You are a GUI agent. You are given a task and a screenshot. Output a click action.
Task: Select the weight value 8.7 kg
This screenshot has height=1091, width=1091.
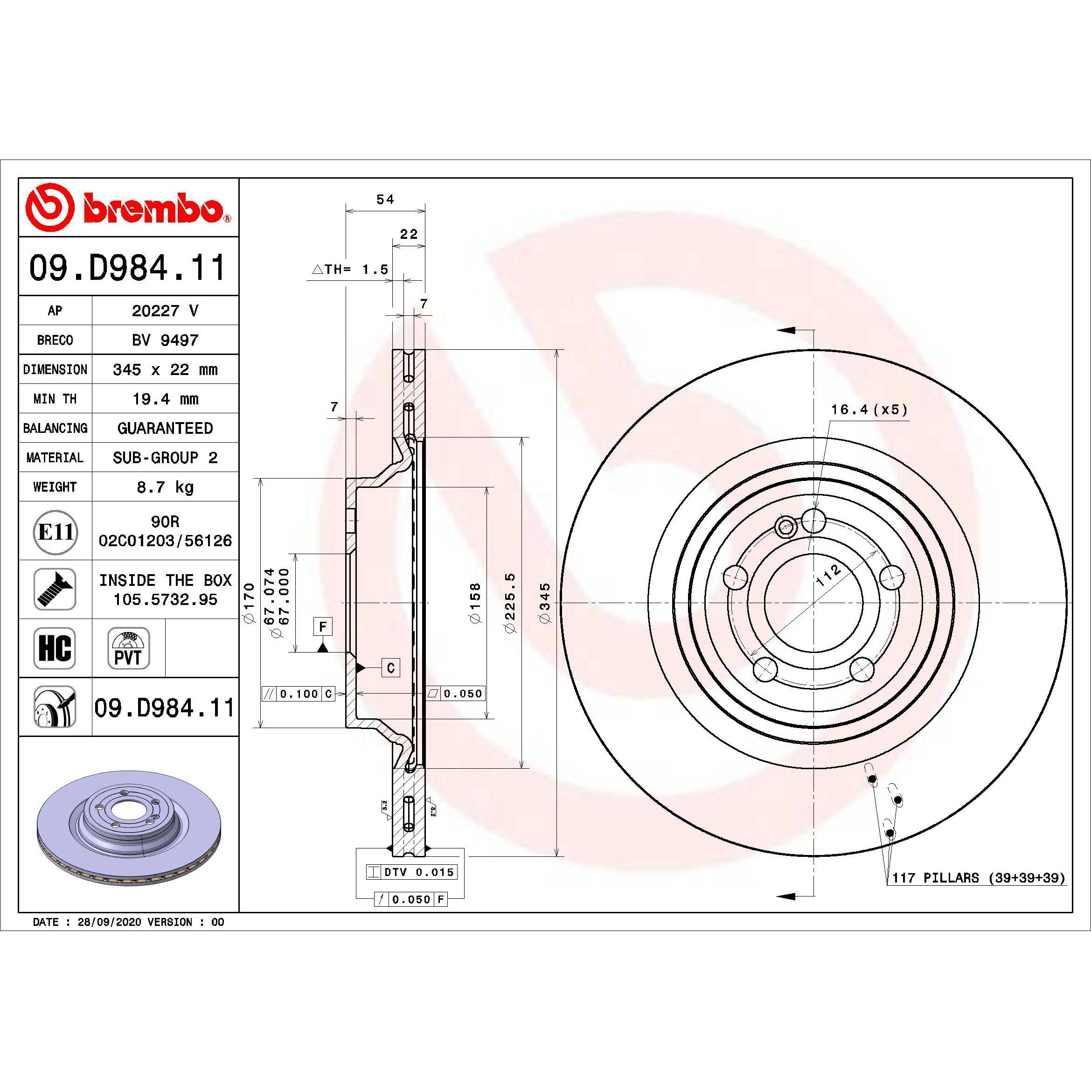[x=165, y=487]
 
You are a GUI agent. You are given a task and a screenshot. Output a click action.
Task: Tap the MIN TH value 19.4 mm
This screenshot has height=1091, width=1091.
[x=165, y=399]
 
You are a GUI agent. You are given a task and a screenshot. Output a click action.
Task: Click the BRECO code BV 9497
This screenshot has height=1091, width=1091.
[x=165, y=340]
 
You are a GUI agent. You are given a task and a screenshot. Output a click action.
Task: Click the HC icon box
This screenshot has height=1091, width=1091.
[x=55, y=648]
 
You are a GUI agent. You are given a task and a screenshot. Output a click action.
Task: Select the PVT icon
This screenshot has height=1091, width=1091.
[x=128, y=648]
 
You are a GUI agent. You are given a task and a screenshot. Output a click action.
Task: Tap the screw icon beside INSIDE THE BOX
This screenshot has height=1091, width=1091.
[x=55, y=589]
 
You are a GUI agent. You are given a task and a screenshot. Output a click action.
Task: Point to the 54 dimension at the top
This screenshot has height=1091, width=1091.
[x=385, y=199]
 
